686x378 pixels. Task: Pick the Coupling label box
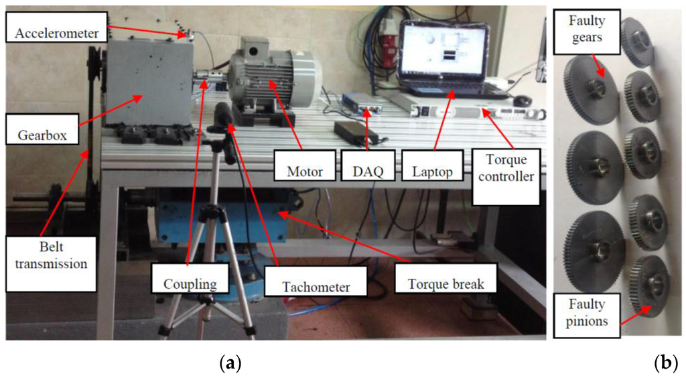[x=190, y=283]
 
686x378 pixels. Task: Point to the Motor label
[x=304, y=172]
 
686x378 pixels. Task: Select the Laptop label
[x=429, y=172]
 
